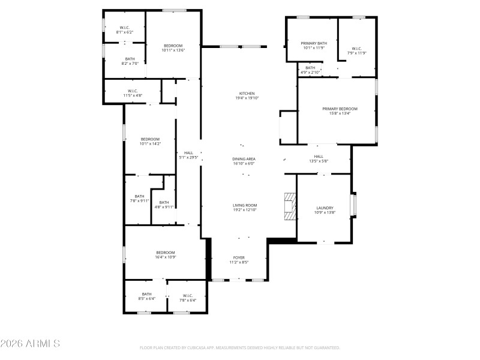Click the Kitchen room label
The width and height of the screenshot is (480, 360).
[x=247, y=94]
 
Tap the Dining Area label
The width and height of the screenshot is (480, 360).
[x=244, y=159]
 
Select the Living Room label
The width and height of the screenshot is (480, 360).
[x=245, y=206]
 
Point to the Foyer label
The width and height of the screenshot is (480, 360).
[x=238, y=257]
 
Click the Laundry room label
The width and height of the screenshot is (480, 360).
[x=325, y=208]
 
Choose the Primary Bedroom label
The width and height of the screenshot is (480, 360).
[x=340, y=109]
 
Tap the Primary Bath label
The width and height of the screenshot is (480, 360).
[x=314, y=43]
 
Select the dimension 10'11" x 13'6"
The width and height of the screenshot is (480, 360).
[x=173, y=50]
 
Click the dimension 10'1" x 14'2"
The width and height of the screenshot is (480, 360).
[x=150, y=144]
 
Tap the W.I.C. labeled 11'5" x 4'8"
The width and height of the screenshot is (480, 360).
[x=133, y=93]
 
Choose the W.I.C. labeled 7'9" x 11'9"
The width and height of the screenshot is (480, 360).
[x=356, y=51]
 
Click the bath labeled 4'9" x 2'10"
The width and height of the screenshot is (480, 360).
[x=310, y=70]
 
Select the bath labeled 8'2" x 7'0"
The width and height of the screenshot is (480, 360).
[x=130, y=61]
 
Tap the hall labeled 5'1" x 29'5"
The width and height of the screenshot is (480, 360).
[x=188, y=155]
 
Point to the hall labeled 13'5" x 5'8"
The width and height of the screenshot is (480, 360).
[x=319, y=158]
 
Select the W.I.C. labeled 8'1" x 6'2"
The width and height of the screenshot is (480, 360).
[x=125, y=29]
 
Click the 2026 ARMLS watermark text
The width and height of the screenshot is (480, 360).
[x=30, y=344]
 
